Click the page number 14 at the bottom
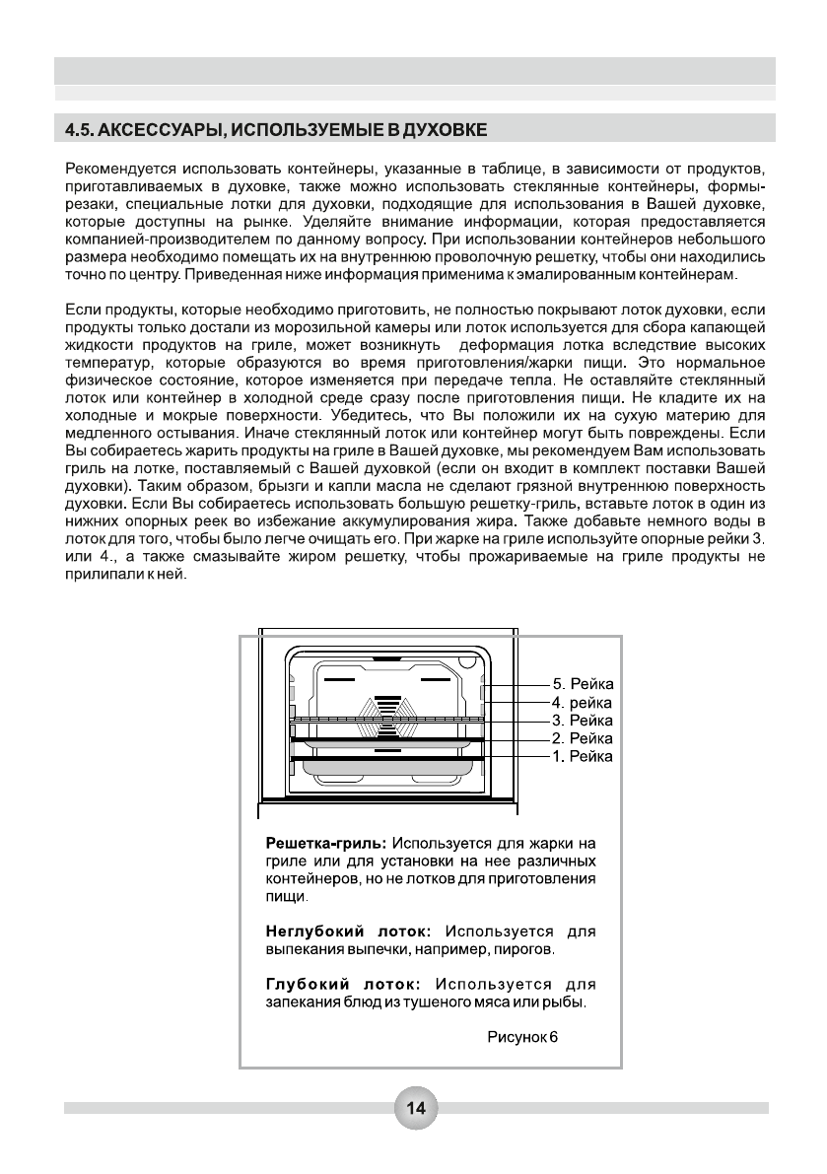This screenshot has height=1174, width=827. click(x=415, y=1108)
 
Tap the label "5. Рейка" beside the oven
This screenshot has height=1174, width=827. click(x=583, y=685)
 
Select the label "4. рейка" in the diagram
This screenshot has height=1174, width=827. click(x=583, y=703)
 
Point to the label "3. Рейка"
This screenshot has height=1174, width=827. click(x=583, y=721)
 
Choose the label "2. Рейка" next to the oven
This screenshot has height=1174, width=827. click(x=583, y=738)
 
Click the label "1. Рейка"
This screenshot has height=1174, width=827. click(x=583, y=756)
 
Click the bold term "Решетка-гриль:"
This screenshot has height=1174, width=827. click(x=328, y=844)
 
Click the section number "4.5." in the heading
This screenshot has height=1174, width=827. click(x=80, y=129)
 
